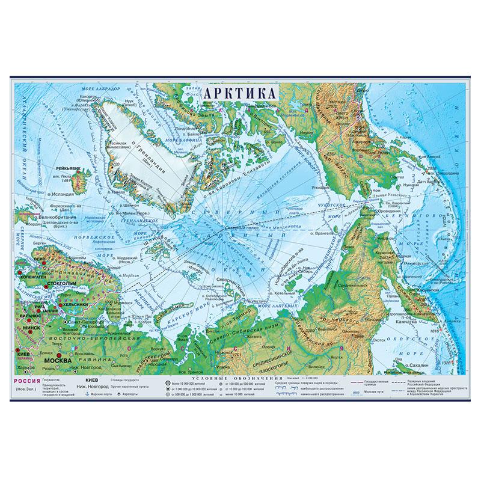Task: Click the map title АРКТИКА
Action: click(240, 93)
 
